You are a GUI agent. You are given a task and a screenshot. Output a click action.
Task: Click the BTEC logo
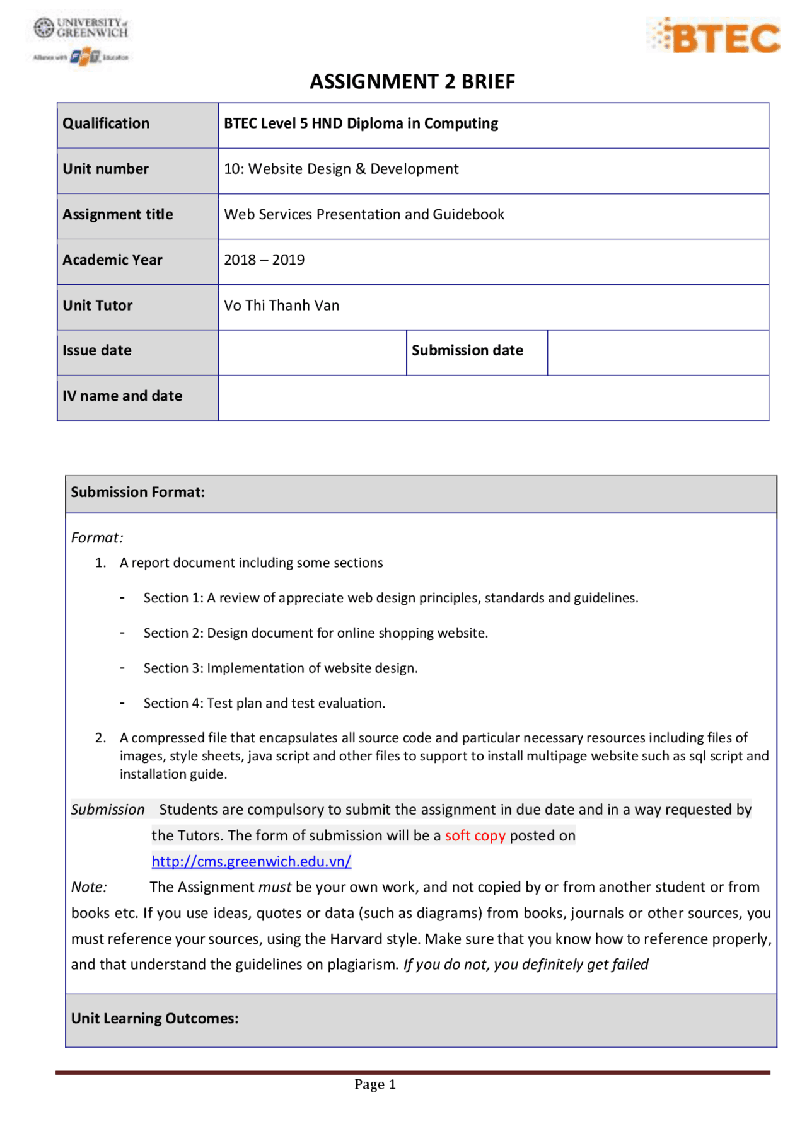pyautogui.click(x=714, y=37)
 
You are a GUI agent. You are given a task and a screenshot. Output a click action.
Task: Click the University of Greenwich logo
pyautogui.click(x=81, y=41)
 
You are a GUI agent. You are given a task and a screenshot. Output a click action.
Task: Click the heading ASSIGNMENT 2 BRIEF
pyautogui.click(x=412, y=82)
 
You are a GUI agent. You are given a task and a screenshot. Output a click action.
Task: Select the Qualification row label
pyautogui.click(x=106, y=123)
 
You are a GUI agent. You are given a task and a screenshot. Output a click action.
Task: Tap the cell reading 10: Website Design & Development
pyautogui.click(x=341, y=169)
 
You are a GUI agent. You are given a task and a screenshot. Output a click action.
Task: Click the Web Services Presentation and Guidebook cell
pyautogui.click(x=364, y=214)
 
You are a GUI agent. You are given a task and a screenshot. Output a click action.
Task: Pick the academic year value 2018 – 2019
pyautogui.click(x=264, y=260)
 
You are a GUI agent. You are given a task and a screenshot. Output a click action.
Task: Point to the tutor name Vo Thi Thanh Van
pyautogui.click(x=281, y=306)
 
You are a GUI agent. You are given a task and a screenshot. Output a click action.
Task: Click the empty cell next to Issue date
pyautogui.click(x=312, y=352)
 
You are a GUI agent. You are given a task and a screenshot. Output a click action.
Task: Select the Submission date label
pyautogui.click(x=467, y=351)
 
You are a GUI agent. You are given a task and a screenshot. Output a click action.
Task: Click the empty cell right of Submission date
pyautogui.click(x=658, y=352)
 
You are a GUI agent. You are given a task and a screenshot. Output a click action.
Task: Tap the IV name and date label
pyautogui.click(x=122, y=396)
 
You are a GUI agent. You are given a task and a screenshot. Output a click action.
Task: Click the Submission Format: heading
pyautogui.click(x=137, y=493)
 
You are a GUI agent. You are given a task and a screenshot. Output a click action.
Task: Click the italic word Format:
pyautogui.click(x=97, y=538)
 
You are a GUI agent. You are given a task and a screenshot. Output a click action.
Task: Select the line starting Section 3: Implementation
pyautogui.click(x=281, y=668)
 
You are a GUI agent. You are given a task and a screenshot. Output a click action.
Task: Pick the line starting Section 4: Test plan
pyautogui.click(x=264, y=704)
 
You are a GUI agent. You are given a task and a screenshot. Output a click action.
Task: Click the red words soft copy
pyautogui.click(x=475, y=836)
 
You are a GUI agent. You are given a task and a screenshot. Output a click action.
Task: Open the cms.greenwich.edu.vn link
pyautogui.click(x=251, y=862)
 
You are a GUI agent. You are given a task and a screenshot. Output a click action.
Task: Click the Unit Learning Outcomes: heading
pyautogui.click(x=154, y=1019)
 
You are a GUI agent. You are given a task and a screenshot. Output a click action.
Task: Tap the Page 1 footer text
pyautogui.click(x=374, y=1084)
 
